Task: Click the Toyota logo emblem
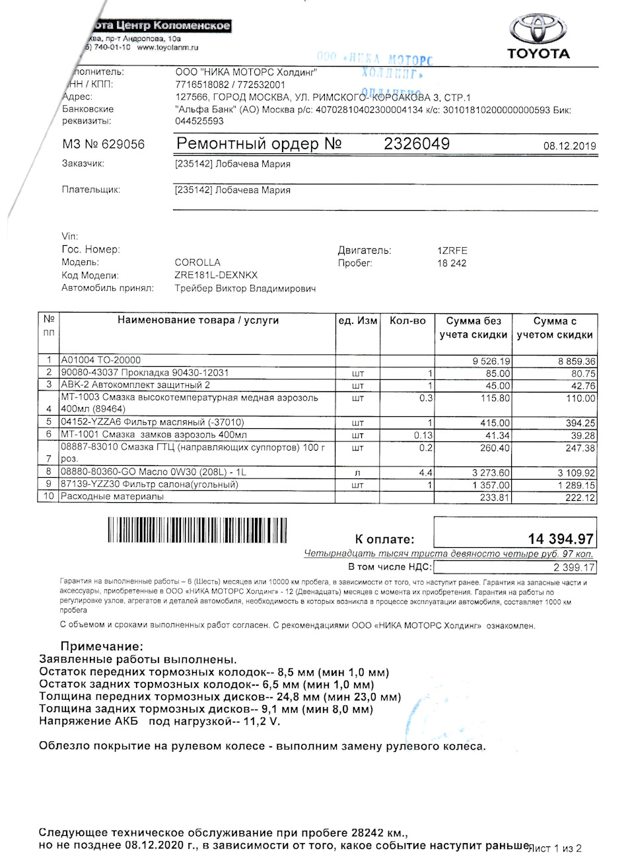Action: click(538, 29)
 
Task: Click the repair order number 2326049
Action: click(417, 143)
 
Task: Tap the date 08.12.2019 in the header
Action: click(569, 146)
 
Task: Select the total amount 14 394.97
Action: click(560, 539)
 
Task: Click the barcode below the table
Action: click(197, 530)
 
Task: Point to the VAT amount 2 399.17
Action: click(573, 567)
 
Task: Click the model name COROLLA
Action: click(197, 262)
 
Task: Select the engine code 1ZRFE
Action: click(452, 250)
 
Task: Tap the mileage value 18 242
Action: click(452, 263)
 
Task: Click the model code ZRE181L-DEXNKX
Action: click(216, 275)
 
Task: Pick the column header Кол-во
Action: click(407, 320)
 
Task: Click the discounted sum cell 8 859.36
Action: click(576, 361)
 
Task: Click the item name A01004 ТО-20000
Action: click(100, 360)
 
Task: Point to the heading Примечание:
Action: click(102, 646)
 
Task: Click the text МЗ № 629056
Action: click(103, 144)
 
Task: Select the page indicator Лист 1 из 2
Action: click(555, 848)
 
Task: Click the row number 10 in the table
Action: click(49, 496)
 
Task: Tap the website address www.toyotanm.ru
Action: click(168, 48)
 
